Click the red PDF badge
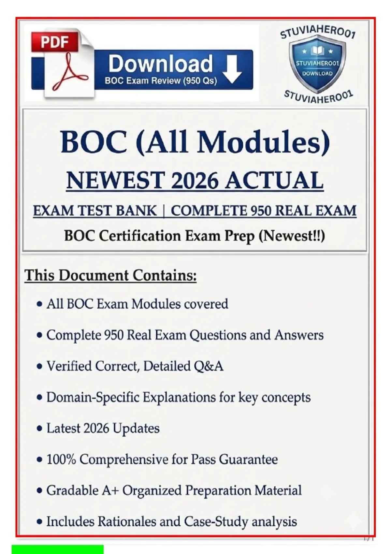(x=55, y=42)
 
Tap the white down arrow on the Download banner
(x=232, y=70)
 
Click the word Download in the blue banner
(x=161, y=64)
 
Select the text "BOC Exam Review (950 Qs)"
(x=161, y=80)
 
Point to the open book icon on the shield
(x=317, y=51)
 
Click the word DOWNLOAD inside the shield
(x=317, y=73)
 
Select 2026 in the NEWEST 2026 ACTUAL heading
(x=195, y=180)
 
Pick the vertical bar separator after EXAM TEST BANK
(x=164, y=211)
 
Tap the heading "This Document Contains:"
(x=110, y=275)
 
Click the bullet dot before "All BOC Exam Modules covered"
(x=39, y=304)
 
